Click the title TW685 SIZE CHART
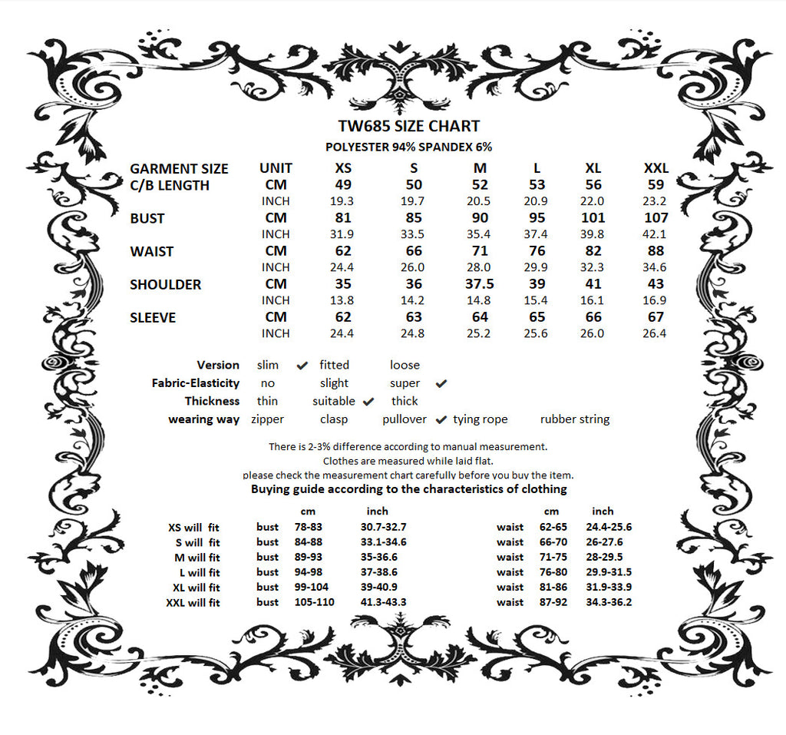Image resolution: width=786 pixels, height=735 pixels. point(408,127)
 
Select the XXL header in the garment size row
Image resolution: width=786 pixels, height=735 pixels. point(656,168)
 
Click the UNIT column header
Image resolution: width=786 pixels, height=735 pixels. point(276,168)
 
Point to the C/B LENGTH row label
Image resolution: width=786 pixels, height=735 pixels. point(170,185)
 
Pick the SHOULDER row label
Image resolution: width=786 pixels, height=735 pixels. point(165,284)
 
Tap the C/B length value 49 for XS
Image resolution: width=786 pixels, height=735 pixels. point(343,185)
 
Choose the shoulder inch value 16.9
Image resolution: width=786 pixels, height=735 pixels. point(654,300)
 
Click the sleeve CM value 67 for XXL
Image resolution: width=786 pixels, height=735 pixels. point(656,317)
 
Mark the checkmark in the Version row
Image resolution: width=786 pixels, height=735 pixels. point(302,365)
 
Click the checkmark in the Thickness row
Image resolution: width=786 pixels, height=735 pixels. point(368,401)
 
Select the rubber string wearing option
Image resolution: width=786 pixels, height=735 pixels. point(575,419)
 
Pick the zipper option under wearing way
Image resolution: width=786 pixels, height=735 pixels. point(267,419)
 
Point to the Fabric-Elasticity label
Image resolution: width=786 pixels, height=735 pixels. point(196,383)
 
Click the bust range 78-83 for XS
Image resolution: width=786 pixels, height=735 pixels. point(309,527)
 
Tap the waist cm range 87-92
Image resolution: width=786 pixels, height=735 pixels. point(553,602)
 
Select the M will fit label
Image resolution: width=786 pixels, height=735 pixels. point(197,558)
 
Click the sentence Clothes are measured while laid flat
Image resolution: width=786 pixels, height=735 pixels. point(408,461)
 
